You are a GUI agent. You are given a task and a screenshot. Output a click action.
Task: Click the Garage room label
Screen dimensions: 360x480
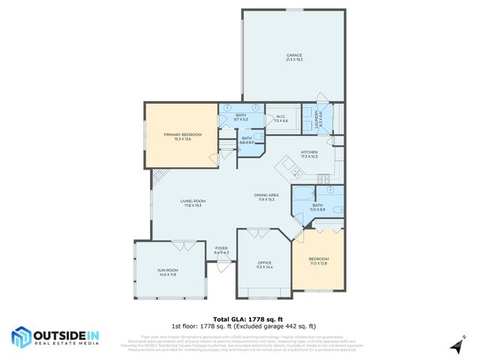coord(293,58)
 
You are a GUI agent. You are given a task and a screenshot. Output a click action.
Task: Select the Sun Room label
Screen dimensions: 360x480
coord(168,272)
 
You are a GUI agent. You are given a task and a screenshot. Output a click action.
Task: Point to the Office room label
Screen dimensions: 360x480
coord(265,265)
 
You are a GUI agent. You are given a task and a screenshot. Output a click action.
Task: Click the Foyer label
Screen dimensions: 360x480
coord(221,250)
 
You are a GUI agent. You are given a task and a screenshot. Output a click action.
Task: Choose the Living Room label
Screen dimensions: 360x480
coord(193,202)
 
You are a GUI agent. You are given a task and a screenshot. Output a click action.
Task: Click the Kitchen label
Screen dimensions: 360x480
coord(310,154)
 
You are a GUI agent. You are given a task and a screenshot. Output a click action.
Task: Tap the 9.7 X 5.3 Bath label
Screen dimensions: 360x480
coord(241,117)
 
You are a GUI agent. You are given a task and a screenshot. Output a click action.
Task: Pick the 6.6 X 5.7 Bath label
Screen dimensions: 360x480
coord(246,139)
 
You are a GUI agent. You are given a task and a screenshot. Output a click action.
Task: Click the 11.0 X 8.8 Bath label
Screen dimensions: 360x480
coord(317,207)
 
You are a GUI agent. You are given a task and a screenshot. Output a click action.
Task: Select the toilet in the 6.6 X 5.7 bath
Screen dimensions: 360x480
coord(258,136)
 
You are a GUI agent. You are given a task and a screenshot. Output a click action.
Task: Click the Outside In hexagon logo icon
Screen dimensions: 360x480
coord(21,337)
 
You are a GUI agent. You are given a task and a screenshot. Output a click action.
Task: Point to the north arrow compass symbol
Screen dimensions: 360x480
coord(454,345)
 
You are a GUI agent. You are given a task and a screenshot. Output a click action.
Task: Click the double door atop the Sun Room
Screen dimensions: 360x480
coord(182,244)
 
